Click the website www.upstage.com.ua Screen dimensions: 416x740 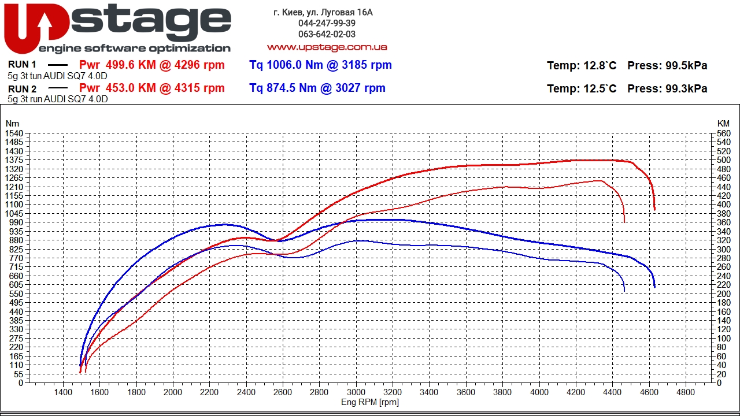(327, 47)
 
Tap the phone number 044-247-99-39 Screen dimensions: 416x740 (327, 23)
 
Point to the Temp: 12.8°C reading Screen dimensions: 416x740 (582, 66)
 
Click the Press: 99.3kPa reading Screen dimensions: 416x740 (667, 88)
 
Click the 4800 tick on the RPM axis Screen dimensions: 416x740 (686, 392)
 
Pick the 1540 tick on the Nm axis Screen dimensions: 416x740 (13, 133)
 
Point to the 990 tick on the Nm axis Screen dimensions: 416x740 (16, 222)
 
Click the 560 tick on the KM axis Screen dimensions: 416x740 (723, 133)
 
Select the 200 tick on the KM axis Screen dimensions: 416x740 (723, 294)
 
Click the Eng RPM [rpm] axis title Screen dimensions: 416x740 (370, 402)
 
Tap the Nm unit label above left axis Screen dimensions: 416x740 (12, 123)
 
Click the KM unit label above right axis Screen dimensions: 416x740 (723, 123)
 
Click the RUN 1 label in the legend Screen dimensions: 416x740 (23, 65)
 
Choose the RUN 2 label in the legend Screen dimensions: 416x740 (23, 88)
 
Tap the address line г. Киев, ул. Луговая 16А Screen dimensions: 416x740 (323, 12)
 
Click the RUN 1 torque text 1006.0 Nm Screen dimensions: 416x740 (287, 65)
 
